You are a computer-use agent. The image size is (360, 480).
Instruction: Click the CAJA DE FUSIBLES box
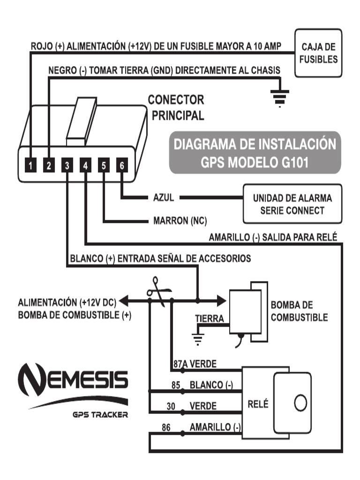(319, 53)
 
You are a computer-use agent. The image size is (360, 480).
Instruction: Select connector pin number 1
(30, 165)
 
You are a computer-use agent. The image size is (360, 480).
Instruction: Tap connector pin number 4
(85, 165)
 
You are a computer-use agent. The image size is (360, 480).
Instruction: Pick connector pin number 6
(122, 165)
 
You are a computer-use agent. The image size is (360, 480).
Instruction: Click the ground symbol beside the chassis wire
(279, 96)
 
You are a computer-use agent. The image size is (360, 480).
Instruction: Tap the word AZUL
(164, 198)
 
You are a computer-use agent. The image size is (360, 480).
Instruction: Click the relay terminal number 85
(176, 385)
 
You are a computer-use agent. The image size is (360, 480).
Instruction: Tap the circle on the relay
(300, 402)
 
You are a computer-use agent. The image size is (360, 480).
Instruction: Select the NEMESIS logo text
(73, 377)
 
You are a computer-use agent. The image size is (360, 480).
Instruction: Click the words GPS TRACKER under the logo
(100, 415)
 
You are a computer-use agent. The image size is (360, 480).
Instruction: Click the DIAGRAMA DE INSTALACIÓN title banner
(255, 152)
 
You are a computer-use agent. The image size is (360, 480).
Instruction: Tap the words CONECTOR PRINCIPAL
(176, 107)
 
